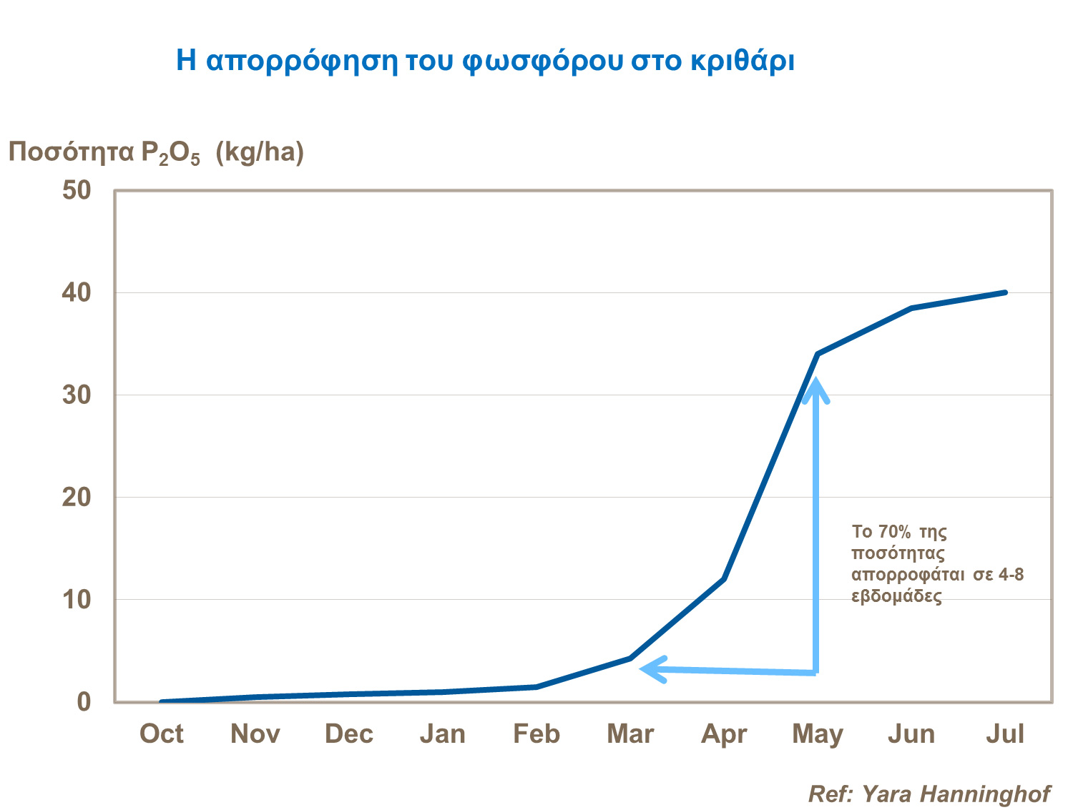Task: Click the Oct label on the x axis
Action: coord(161,734)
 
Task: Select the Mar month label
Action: coord(630,734)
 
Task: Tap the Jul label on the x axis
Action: coord(1005,734)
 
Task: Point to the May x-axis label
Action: coord(818,734)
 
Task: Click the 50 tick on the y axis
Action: coord(77,191)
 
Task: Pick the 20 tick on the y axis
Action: coord(77,498)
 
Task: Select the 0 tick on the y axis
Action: coord(84,702)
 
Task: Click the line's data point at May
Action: coord(818,354)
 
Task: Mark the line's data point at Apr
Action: coord(724,579)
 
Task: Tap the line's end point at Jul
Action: coord(1005,292)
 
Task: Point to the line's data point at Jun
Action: coord(911,308)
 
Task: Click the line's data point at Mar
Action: coord(630,658)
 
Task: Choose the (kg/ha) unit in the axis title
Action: coord(260,152)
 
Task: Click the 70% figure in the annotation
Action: coord(894,532)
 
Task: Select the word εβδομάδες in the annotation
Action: coord(896,596)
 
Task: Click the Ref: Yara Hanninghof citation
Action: coord(929,794)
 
